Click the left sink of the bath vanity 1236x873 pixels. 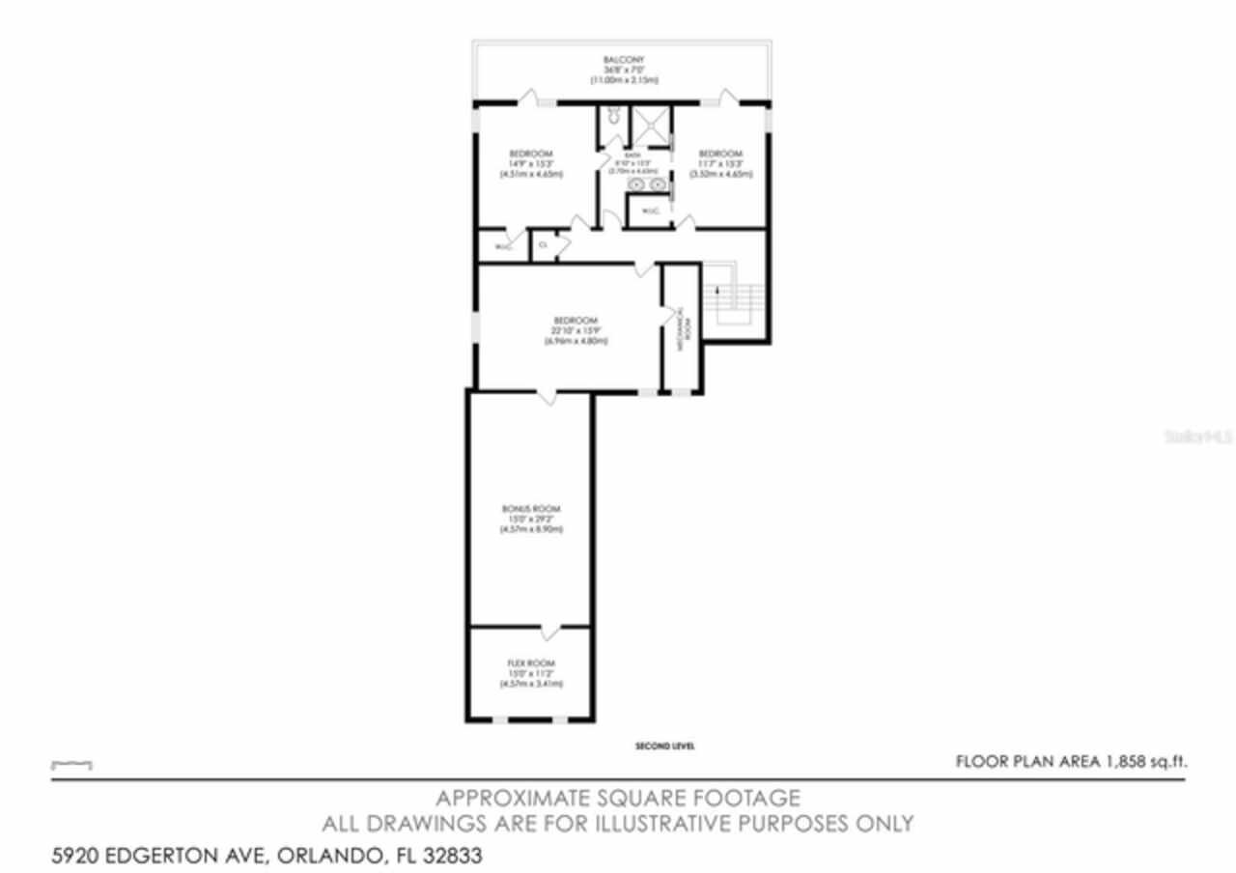(637, 183)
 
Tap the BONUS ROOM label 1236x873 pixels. (531, 509)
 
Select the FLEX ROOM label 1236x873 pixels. (531, 662)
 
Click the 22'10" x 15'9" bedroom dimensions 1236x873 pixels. (576, 330)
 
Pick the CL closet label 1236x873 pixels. (543, 245)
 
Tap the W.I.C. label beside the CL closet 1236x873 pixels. (502, 247)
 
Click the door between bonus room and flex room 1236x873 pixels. (549, 633)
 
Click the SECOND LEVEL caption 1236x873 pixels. (665, 746)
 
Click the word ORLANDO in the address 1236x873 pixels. (331, 856)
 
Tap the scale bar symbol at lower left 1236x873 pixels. (71, 765)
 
